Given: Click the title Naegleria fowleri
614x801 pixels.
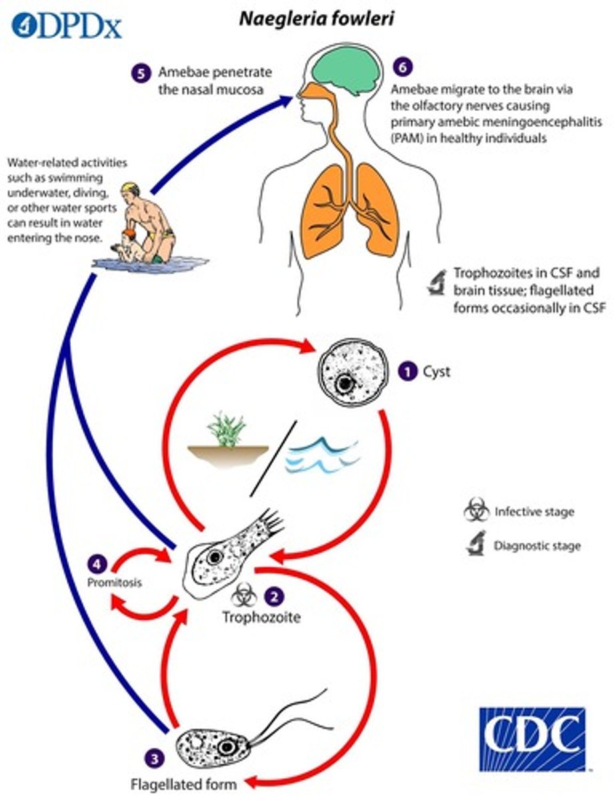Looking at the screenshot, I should point(317,19).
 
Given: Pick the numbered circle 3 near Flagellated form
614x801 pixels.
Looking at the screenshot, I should point(155,758).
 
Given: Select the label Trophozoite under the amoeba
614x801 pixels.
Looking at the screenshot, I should point(261,617).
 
